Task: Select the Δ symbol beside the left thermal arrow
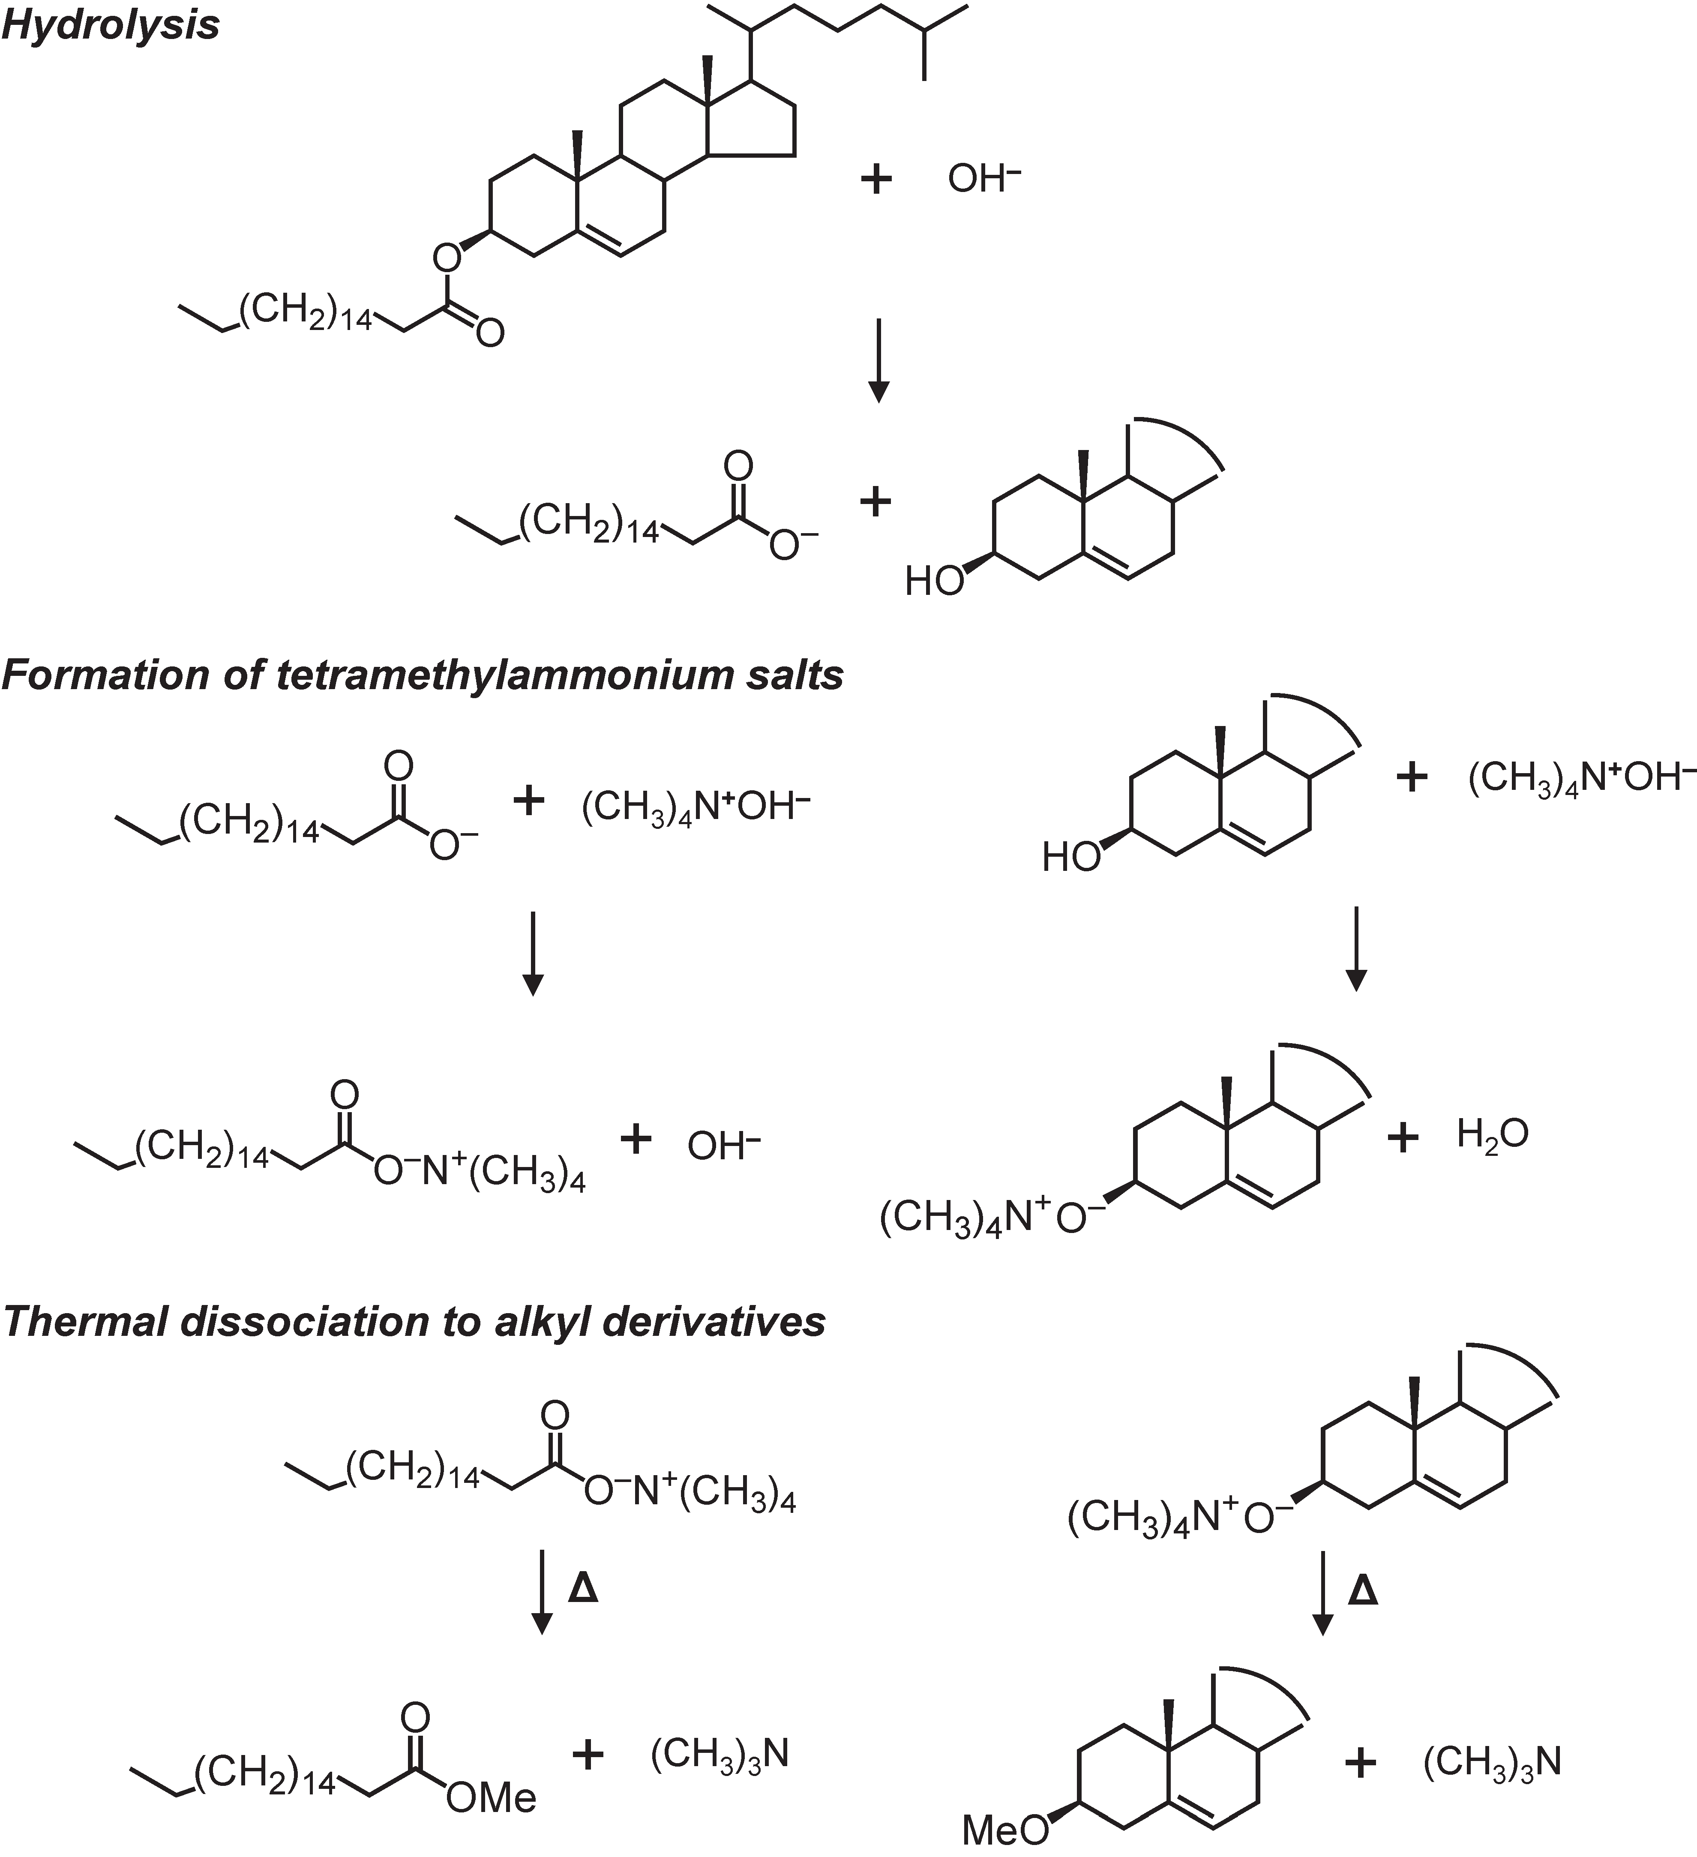click(x=583, y=1589)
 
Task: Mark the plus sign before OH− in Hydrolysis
click(x=875, y=179)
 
